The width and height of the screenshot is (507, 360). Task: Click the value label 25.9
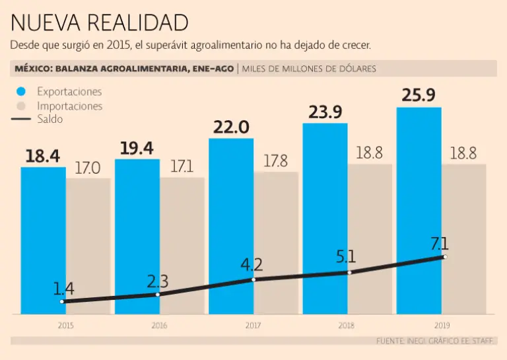coord(419,95)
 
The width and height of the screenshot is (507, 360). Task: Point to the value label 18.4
coord(42,157)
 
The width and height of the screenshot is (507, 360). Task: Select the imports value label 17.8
coord(275,161)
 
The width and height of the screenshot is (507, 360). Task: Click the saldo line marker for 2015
coord(62,301)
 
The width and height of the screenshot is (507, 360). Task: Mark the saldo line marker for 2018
coord(350,272)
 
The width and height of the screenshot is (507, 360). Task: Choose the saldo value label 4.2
coord(252,265)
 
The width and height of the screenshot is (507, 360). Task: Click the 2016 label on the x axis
coord(159,325)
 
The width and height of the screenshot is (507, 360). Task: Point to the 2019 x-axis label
coord(441,325)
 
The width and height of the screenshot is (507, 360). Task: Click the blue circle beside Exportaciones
coord(21,92)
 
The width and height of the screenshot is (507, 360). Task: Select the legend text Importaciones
coord(69,106)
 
